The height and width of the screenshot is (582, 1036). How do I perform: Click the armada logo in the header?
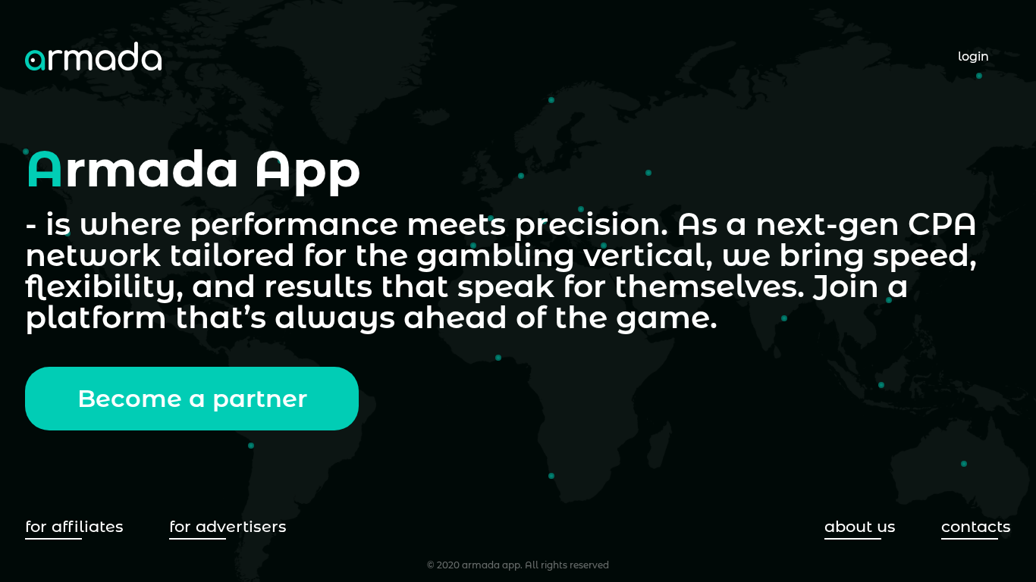click(93, 58)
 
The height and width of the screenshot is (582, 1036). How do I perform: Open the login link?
click(973, 57)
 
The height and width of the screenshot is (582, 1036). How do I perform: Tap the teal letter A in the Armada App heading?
click(44, 171)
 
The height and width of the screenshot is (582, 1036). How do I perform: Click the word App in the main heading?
click(307, 171)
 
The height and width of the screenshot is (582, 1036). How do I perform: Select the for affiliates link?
click(74, 527)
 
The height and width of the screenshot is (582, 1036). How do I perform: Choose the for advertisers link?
click(228, 527)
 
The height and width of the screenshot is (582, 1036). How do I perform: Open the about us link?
click(859, 527)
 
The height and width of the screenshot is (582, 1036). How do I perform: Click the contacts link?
click(975, 527)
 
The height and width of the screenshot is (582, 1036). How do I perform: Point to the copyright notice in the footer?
click(517, 565)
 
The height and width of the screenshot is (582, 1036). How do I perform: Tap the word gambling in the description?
click(495, 256)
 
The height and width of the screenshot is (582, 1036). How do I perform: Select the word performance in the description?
click(294, 225)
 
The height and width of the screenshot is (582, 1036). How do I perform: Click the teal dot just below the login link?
click(979, 76)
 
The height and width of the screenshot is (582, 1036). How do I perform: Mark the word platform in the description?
click(96, 318)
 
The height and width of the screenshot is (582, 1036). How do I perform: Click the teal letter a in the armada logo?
click(35, 60)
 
